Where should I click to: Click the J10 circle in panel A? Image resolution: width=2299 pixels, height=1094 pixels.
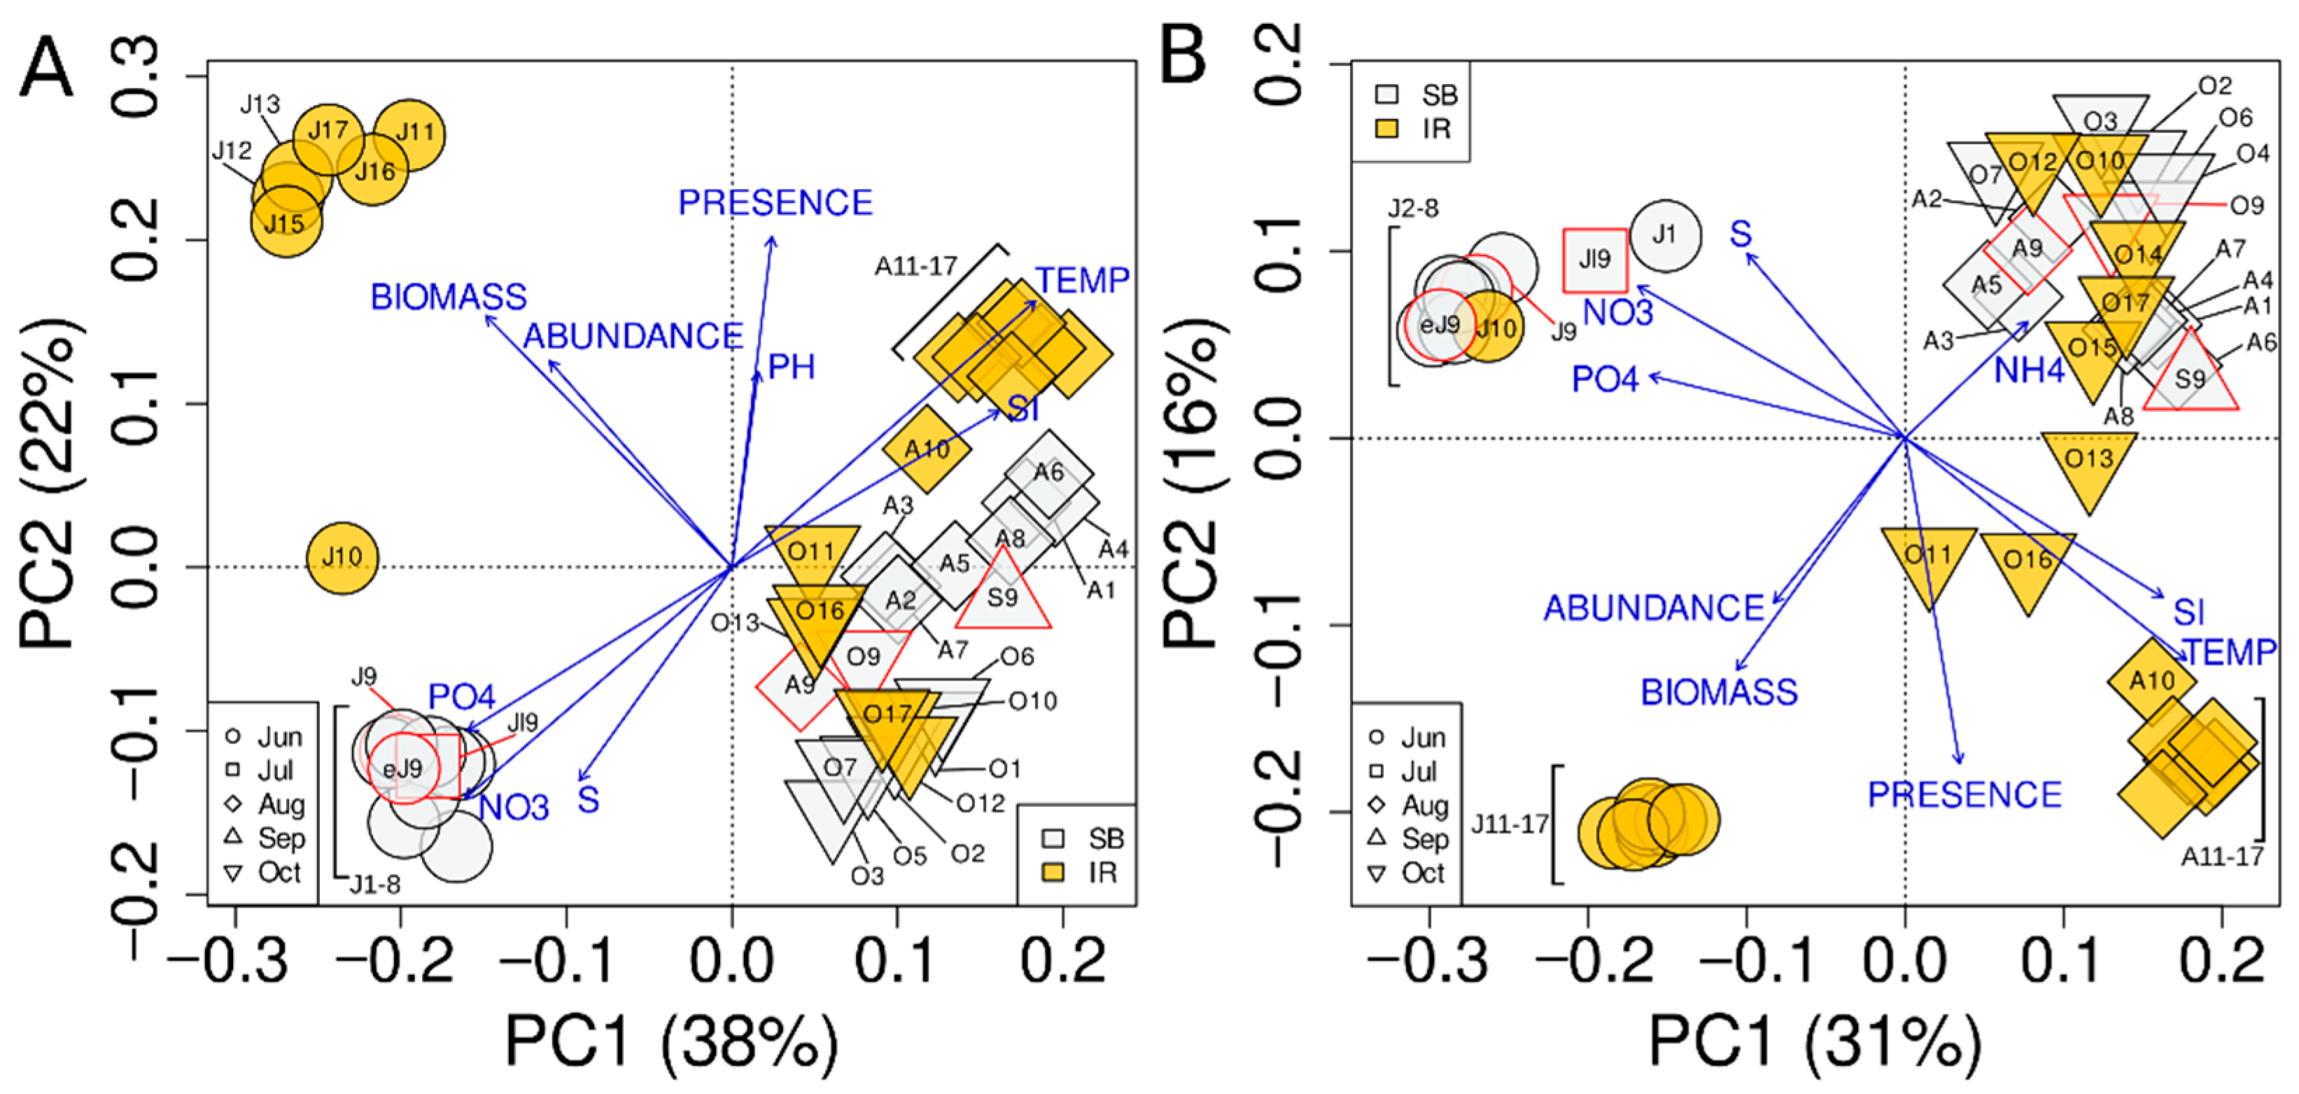342,559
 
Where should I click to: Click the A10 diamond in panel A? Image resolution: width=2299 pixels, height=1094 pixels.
927,449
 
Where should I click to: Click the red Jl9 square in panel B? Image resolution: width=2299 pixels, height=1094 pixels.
1595,260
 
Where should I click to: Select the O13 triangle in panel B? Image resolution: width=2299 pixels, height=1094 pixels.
2088,462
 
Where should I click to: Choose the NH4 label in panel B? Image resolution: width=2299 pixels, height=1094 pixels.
2030,370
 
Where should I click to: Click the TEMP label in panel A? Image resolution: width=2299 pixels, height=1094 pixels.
1083,281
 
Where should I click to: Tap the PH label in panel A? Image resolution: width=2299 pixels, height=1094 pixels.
792,367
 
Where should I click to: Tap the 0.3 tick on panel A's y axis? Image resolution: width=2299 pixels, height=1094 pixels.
139,77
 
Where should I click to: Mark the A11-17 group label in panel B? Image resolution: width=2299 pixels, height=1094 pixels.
2221,857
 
